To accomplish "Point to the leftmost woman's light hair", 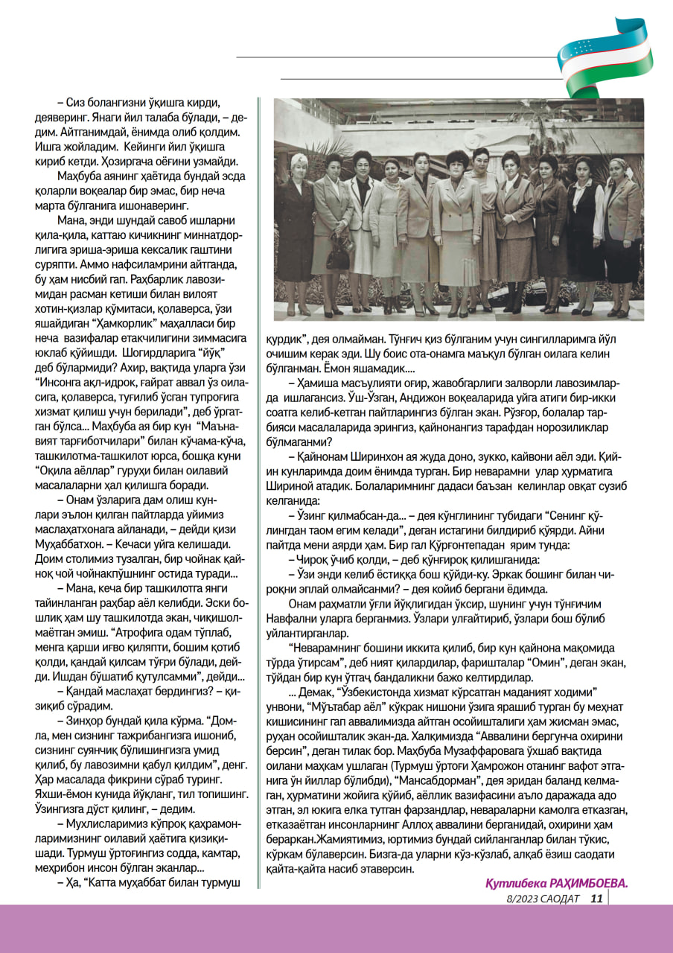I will point(299,160).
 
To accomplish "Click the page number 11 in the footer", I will point(596,898).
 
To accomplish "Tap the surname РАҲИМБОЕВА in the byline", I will point(590,883).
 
